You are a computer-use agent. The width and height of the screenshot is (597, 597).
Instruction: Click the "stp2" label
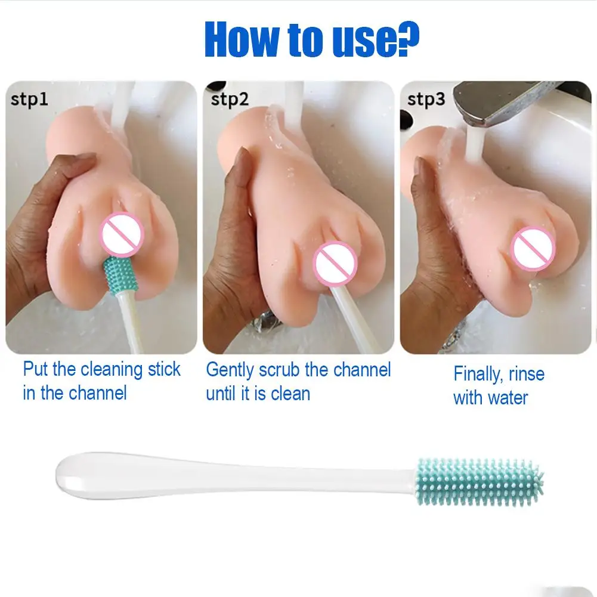tap(230, 99)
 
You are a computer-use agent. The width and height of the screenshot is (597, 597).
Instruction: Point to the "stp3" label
tap(426, 99)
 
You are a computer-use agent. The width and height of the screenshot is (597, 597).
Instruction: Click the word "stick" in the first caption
tap(164, 369)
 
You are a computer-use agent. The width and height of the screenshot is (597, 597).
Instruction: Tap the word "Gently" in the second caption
tap(230, 370)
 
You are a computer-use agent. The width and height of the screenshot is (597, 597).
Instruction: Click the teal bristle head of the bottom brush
tap(480, 482)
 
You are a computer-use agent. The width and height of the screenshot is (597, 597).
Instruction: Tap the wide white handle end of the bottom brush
tap(89, 475)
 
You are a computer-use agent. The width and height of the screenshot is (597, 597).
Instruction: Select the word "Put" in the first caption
tap(35, 369)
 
